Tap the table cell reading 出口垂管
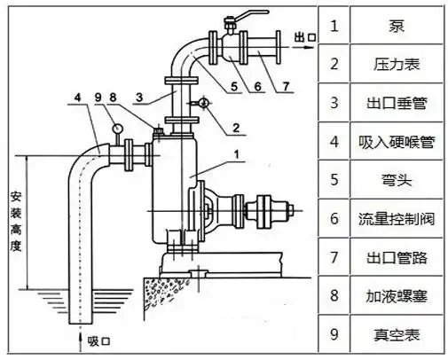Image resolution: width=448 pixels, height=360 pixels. [x=397, y=102]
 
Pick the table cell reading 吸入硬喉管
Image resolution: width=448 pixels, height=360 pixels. [x=397, y=142]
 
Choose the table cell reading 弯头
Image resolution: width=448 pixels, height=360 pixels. [x=397, y=180]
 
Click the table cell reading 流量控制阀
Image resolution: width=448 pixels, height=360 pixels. [x=397, y=219]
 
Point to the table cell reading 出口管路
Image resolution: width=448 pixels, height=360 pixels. [x=397, y=258]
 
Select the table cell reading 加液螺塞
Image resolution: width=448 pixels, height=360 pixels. [x=397, y=297]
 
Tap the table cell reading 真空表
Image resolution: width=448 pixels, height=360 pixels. [x=397, y=336]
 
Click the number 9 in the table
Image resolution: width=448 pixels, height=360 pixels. [x=334, y=336]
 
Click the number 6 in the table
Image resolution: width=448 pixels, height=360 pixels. [x=334, y=219]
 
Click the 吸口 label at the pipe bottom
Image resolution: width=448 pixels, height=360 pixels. [x=101, y=340]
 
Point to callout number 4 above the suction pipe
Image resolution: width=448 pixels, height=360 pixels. [x=77, y=95]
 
